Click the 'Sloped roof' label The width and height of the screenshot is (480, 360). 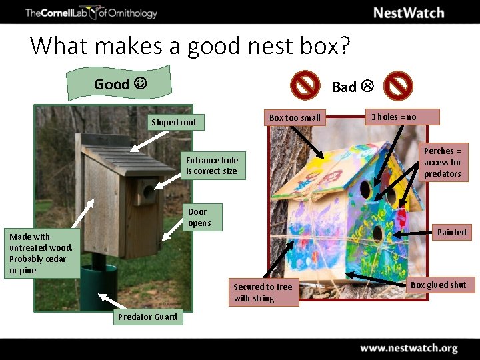pyautogui.click(x=175, y=122)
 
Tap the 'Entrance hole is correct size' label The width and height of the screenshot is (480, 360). pyautogui.click(x=212, y=165)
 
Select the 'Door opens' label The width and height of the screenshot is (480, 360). pyautogui.click(x=199, y=217)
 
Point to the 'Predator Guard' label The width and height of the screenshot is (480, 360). pyautogui.click(x=147, y=317)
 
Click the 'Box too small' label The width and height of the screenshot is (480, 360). pyautogui.click(x=295, y=117)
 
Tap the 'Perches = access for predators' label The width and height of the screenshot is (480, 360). pyautogui.click(x=443, y=162)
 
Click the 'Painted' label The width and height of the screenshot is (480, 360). pyautogui.click(x=451, y=232)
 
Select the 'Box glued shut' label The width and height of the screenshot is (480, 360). pyautogui.click(x=439, y=285)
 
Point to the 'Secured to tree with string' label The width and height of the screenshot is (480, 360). pyautogui.click(x=263, y=293)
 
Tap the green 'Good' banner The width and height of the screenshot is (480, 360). pyautogui.click(x=120, y=84)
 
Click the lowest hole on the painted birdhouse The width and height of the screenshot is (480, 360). pyautogui.click(x=377, y=233)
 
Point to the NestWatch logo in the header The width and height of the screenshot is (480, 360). pyautogui.click(x=409, y=13)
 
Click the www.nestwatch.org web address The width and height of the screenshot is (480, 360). pyautogui.click(x=409, y=348)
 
